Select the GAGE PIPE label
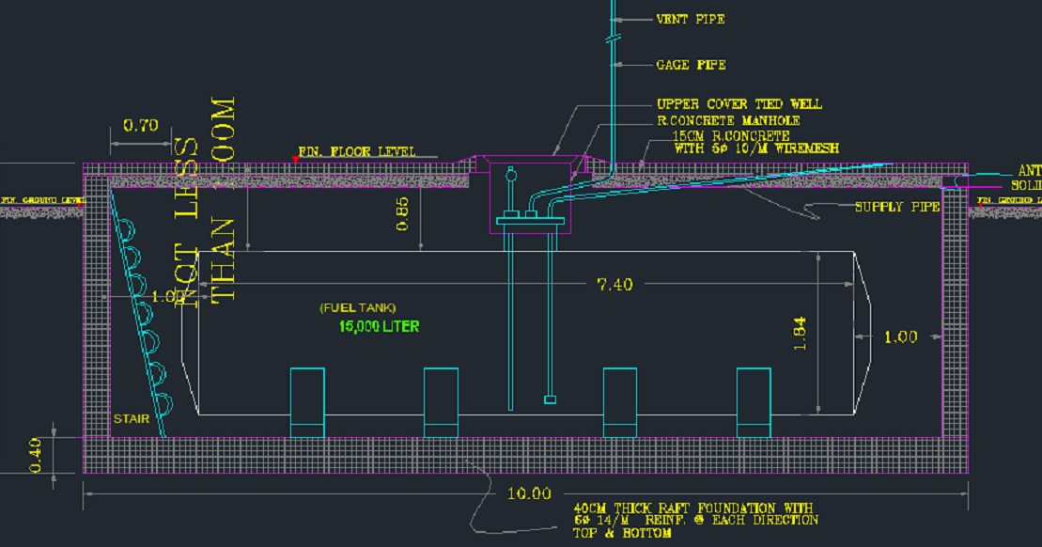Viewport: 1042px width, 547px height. (x=691, y=65)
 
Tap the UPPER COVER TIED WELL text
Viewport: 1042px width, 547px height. (x=739, y=104)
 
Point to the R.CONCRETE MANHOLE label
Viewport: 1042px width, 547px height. (x=728, y=121)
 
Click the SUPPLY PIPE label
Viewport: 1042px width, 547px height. (x=896, y=207)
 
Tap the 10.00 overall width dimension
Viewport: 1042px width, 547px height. (x=529, y=493)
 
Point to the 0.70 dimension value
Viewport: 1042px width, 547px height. (x=140, y=125)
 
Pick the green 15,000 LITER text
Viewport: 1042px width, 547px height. (x=379, y=326)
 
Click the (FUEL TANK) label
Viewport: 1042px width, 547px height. (x=357, y=307)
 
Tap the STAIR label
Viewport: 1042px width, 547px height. (x=131, y=419)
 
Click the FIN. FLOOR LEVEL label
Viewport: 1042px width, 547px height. (x=356, y=151)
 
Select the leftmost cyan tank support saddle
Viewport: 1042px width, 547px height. (x=307, y=402)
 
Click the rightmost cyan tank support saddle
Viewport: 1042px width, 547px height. (x=754, y=402)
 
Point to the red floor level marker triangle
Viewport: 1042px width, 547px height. (x=296, y=159)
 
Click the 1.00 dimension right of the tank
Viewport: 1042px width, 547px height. (x=900, y=336)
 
